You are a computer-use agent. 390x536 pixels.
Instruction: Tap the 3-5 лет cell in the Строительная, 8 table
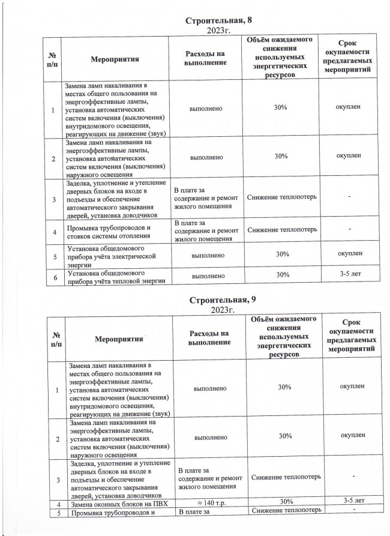point(350,276)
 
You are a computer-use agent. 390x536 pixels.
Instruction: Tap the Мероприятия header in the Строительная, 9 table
point(119,339)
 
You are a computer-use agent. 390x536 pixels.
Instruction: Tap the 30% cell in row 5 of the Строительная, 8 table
point(280,254)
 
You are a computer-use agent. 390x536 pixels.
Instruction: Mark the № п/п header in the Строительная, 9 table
point(56,339)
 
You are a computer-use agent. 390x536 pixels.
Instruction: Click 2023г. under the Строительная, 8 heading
point(219,29)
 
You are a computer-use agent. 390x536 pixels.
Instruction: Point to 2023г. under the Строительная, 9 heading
point(222,310)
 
